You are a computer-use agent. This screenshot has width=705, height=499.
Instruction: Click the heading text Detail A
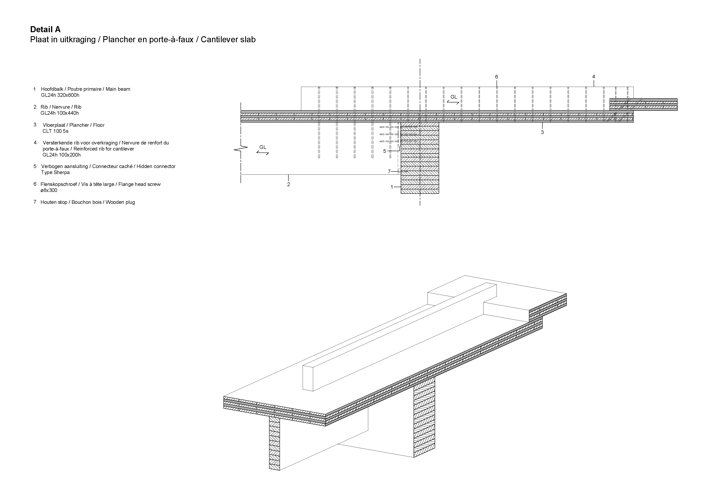(45, 30)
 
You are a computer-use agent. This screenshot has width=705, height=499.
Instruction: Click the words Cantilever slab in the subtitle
(228, 40)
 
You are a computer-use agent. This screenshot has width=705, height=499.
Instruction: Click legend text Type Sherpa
(55, 172)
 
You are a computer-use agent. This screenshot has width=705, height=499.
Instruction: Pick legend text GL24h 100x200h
(61, 155)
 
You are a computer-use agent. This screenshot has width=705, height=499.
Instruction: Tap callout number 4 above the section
(593, 76)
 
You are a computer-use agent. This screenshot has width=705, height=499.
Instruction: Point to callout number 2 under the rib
(288, 185)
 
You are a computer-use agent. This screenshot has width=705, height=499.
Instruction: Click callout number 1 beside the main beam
(392, 187)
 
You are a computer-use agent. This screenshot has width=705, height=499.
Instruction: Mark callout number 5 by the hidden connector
(384, 151)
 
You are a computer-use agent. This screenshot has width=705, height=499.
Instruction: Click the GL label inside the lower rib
(262, 147)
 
